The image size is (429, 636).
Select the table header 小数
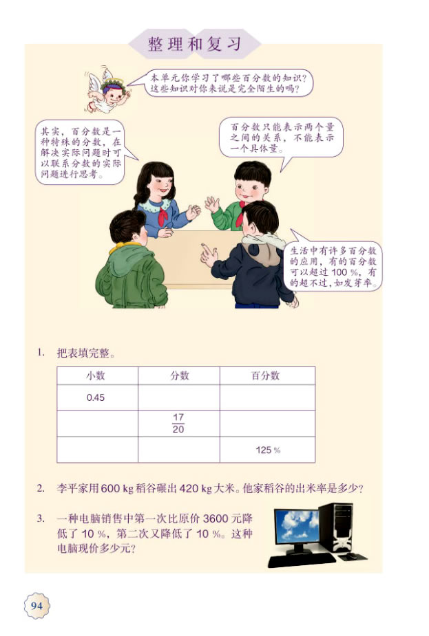tap(97, 375)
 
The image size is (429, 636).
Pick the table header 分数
tap(179, 375)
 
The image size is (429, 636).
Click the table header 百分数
tap(267, 375)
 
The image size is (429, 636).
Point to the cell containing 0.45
tap(96, 397)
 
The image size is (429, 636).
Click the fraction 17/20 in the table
tap(179, 424)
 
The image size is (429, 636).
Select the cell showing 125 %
tap(268, 450)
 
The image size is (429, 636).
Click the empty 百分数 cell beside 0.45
tap(267, 397)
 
